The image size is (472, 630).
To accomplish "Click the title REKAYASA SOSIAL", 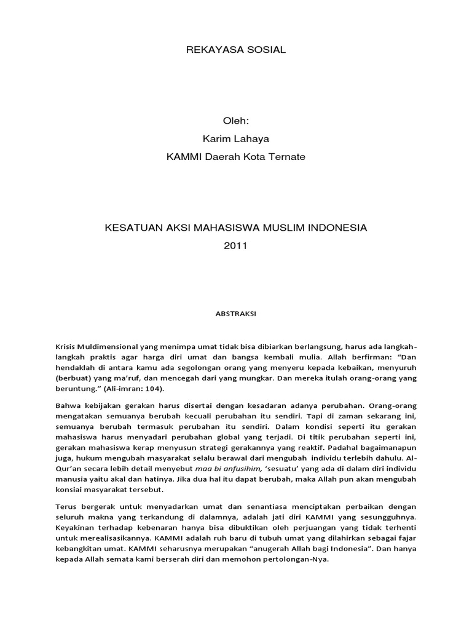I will click(x=236, y=49).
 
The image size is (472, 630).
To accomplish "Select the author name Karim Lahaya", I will click(x=236, y=139).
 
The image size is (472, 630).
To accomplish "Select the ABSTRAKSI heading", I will click(x=236, y=313).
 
